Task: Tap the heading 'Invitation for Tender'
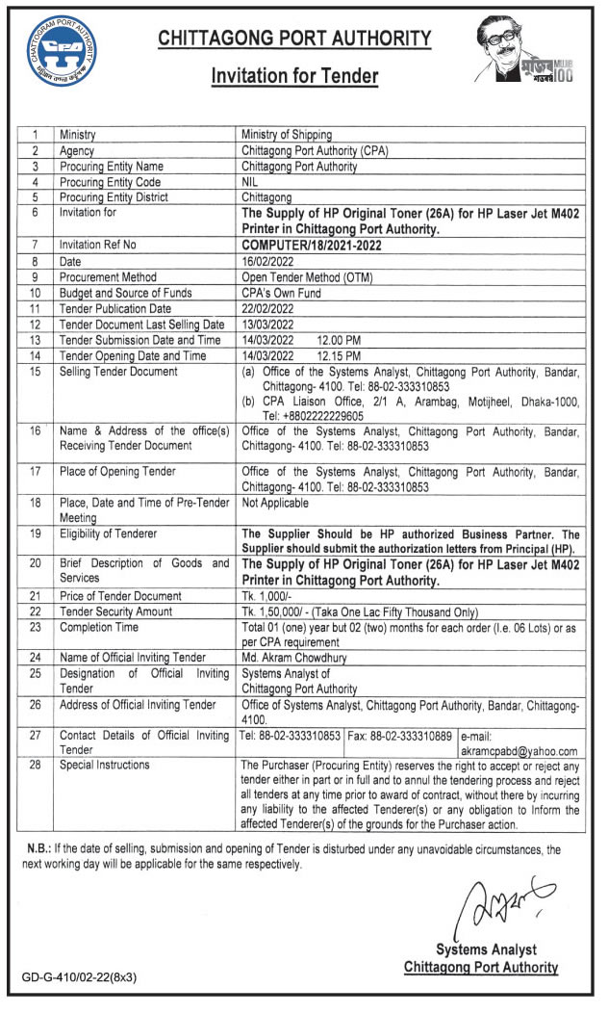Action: pyautogui.click(x=295, y=77)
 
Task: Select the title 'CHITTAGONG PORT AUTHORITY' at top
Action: pyautogui.click(x=294, y=39)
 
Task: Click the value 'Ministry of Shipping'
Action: pyautogui.click(x=287, y=136)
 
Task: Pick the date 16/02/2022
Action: pyautogui.click(x=267, y=261)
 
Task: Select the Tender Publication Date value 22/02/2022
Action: pyautogui.click(x=267, y=308)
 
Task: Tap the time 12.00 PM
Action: pyautogui.click(x=341, y=340)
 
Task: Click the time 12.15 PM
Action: pyautogui.click(x=341, y=355)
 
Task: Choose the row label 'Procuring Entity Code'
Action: pyautogui.click(x=109, y=182)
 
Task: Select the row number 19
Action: pyautogui.click(x=35, y=533)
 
